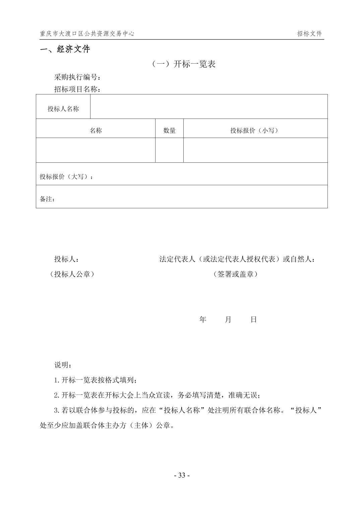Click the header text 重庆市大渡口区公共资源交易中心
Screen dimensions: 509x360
87,33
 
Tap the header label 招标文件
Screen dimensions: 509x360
309,33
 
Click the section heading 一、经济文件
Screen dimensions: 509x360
65,49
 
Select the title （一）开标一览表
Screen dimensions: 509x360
183,64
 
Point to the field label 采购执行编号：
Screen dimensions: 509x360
78,77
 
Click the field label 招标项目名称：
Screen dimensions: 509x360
78,89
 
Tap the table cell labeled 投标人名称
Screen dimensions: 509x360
63,108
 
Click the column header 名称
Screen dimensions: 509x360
96,131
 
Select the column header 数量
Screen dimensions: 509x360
169,131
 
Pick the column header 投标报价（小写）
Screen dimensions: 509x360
255,131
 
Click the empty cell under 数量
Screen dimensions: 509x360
169,150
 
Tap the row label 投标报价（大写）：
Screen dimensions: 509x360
66,176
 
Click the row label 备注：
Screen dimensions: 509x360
47,199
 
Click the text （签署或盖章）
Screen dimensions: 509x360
235,274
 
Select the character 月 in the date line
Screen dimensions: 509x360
228,319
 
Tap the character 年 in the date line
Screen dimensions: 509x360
203,319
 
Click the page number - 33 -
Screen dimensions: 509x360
182,475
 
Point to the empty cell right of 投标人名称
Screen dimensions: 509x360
208,106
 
